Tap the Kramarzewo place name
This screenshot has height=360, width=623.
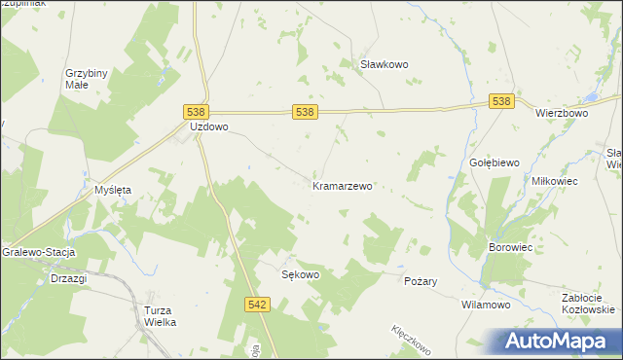tap(343, 185)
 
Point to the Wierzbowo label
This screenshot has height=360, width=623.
tap(562, 113)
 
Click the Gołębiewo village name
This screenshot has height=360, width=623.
tap(495, 162)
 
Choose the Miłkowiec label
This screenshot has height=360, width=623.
tap(555, 181)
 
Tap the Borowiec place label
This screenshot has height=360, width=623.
tap(510, 248)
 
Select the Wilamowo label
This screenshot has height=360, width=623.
tap(486, 305)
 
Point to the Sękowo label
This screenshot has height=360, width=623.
tap(301, 274)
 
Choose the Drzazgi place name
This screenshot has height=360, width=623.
tap(68, 278)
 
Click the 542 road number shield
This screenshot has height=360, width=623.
tap(257, 305)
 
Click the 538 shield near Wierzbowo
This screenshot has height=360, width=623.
tap(501, 101)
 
